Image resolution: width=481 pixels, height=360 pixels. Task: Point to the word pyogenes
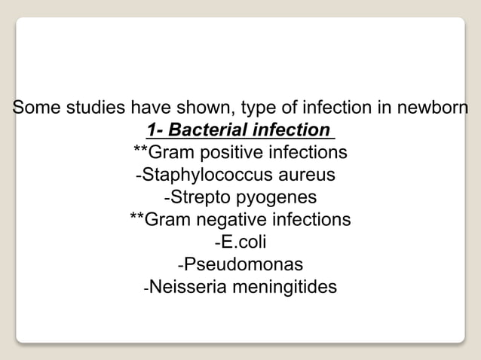pyautogui.click(x=274, y=199)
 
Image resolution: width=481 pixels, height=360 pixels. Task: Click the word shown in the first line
pyautogui.click(x=209, y=108)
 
